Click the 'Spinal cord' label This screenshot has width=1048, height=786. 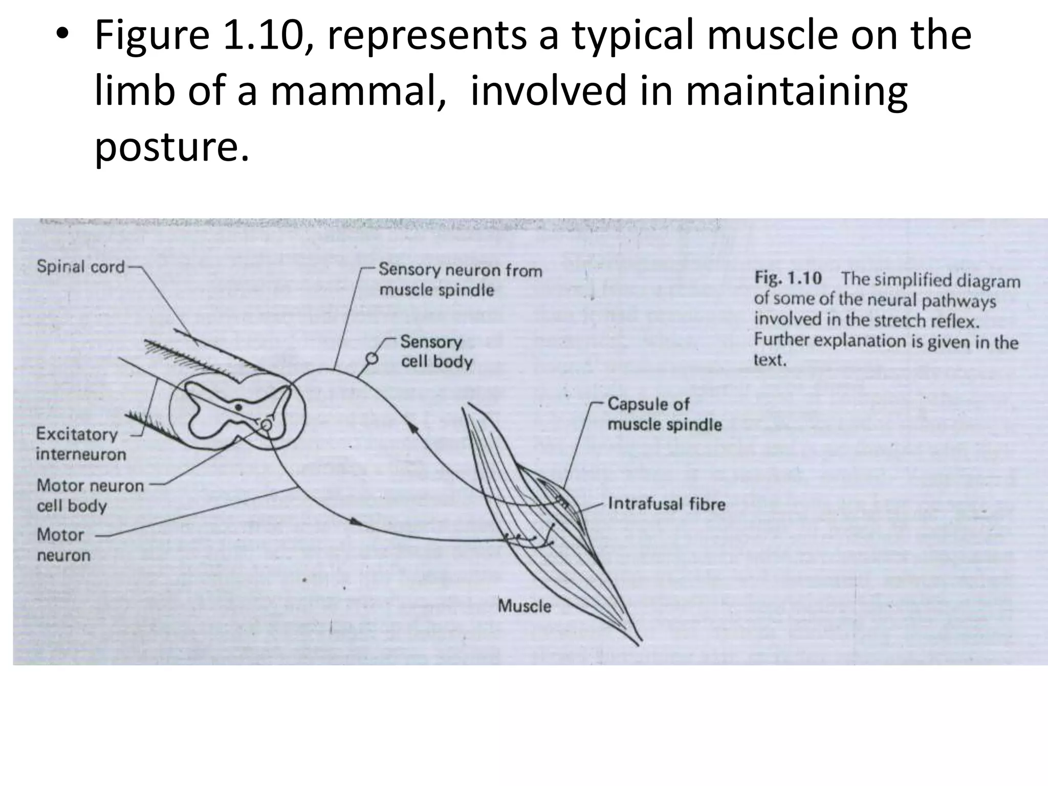click(x=81, y=267)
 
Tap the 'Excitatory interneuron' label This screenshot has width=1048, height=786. click(x=80, y=444)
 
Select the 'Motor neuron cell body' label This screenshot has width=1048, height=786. click(x=90, y=495)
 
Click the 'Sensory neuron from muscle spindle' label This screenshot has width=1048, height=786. click(x=460, y=279)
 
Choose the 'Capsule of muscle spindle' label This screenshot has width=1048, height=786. click(x=664, y=414)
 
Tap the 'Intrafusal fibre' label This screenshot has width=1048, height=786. click(x=666, y=504)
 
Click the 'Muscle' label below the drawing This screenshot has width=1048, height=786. click(x=524, y=606)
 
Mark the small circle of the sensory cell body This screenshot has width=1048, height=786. click(x=372, y=359)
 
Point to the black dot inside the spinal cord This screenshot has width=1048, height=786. click(x=238, y=407)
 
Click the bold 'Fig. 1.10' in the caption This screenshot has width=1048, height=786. click(x=788, y=278)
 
